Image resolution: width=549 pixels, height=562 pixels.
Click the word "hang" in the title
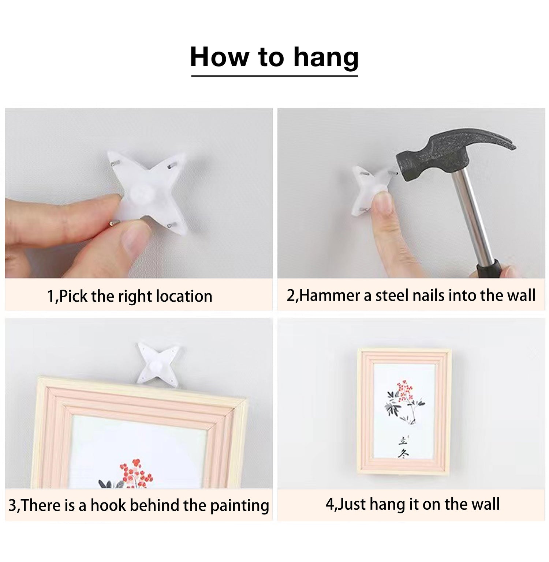click(x=326, y=58)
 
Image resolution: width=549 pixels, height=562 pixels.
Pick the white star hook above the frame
click(x=158, y=363)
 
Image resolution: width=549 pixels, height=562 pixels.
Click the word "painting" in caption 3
click(x=240, y=506)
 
